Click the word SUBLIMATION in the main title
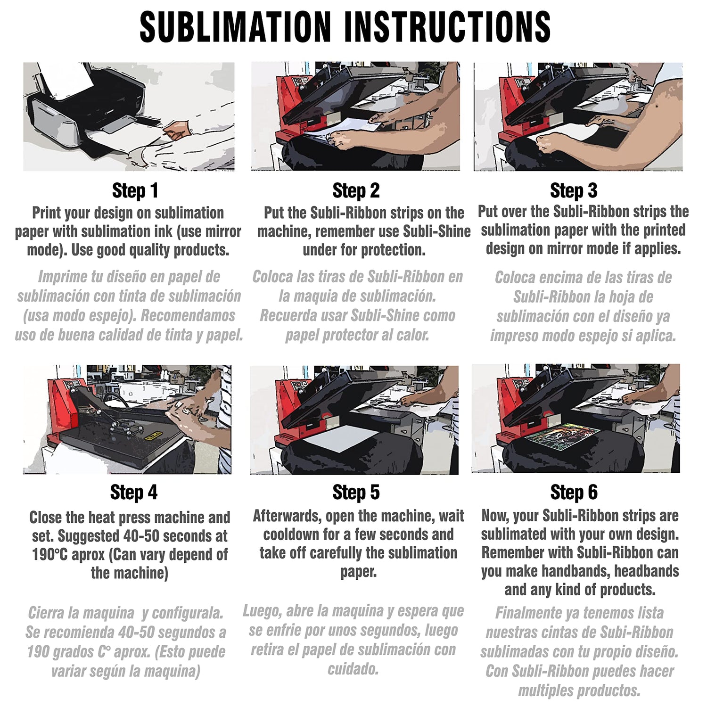(236, 27)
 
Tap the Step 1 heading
(135, 191)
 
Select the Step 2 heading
(356, 191)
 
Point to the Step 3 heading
(574, 191)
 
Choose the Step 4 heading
(134, 492)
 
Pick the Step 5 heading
(356, 492)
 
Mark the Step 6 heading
(574, 492)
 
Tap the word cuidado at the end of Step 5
(353, 669)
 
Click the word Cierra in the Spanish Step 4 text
(46, 613)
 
